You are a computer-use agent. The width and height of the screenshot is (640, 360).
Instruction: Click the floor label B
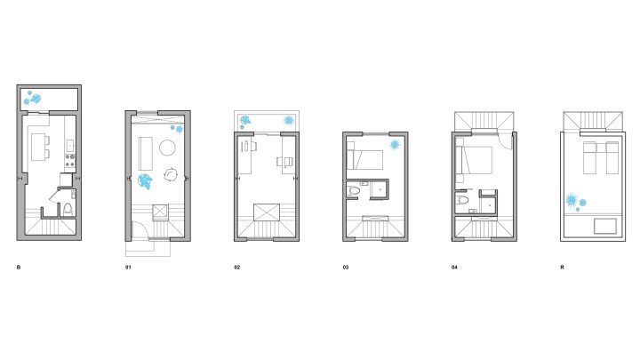pos(18,267)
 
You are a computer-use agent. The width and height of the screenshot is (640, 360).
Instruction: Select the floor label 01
pos(128,267)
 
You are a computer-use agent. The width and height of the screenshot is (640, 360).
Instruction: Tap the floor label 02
pos(237,267)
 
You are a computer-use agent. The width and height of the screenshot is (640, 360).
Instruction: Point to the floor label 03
pos(346,267)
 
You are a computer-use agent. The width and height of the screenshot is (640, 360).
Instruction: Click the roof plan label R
pos(562,267)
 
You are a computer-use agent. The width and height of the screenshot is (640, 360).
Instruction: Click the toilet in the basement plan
pos(68,210)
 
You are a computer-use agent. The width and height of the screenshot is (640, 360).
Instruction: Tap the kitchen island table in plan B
pos(40,152)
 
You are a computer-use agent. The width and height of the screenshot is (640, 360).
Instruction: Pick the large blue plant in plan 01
pos(145,181)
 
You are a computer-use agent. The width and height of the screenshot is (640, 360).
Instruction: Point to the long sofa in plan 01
pos(146,153)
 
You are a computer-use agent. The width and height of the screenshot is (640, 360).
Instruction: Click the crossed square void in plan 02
pos(266,212)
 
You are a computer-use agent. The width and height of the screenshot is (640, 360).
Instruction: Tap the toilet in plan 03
pos(355,190)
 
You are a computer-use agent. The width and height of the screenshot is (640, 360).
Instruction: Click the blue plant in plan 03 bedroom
pos(394,145)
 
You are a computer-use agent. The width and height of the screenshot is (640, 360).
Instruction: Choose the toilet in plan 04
pos(463,200)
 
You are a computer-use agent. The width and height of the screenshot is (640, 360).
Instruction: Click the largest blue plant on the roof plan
pos(575,199)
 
